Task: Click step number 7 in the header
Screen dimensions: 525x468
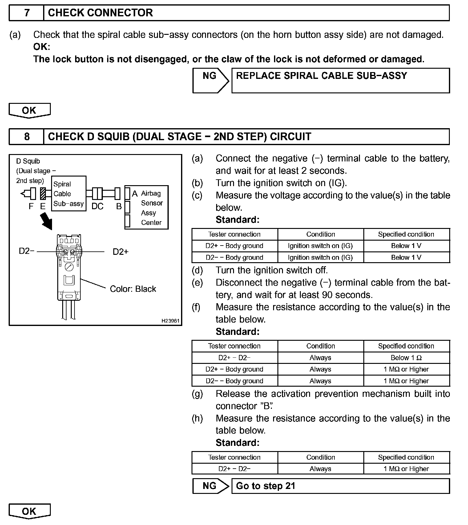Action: (x=27, y=13)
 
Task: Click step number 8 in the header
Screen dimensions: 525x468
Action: (x=27, y=136)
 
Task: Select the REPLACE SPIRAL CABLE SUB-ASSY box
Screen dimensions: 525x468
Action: (x=340, y=80)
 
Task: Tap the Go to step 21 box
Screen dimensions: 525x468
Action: (x=340, y=486)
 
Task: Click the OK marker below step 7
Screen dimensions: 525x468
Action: (x=29, y=110)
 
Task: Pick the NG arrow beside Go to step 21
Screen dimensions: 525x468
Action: (x=211, y=486)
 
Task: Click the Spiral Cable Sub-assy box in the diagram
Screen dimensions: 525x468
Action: (x=68, y=194)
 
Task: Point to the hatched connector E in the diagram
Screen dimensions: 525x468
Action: (x=43, y=194)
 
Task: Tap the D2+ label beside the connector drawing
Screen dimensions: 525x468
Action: (x=120, y=252)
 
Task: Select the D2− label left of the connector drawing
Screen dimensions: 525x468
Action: (x=26, y=251)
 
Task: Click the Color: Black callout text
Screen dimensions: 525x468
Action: (x=133, y=289)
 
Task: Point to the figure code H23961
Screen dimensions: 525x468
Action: (x=170, y=321)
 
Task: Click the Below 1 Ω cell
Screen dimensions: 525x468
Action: (x=406, y=358)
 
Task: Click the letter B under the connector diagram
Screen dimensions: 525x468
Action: (x=119, y=206)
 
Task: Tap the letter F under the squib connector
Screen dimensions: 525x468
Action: (x=31, y=206)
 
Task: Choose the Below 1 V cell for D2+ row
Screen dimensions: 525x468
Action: (x=406, y=246)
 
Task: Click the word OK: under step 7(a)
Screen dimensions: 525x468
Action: (x=42, y=47)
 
